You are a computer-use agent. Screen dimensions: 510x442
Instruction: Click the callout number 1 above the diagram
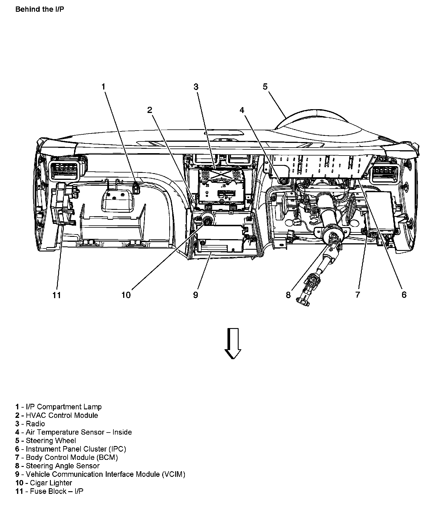103,87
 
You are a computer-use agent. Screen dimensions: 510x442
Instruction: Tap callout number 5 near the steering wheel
265,87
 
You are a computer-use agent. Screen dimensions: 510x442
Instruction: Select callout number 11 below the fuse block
57,295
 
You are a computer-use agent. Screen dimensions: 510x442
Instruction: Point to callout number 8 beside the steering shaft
288,295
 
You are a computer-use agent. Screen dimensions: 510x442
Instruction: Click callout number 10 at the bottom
126,295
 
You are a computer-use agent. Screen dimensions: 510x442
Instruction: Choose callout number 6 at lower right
404,295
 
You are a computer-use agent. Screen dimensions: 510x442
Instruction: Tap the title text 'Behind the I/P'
39,9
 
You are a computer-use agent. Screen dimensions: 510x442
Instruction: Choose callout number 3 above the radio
196,87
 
